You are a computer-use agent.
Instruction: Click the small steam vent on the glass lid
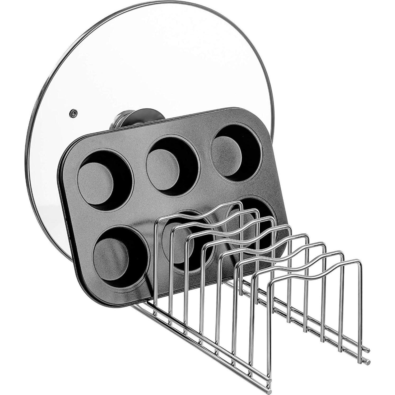click(72, 113)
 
